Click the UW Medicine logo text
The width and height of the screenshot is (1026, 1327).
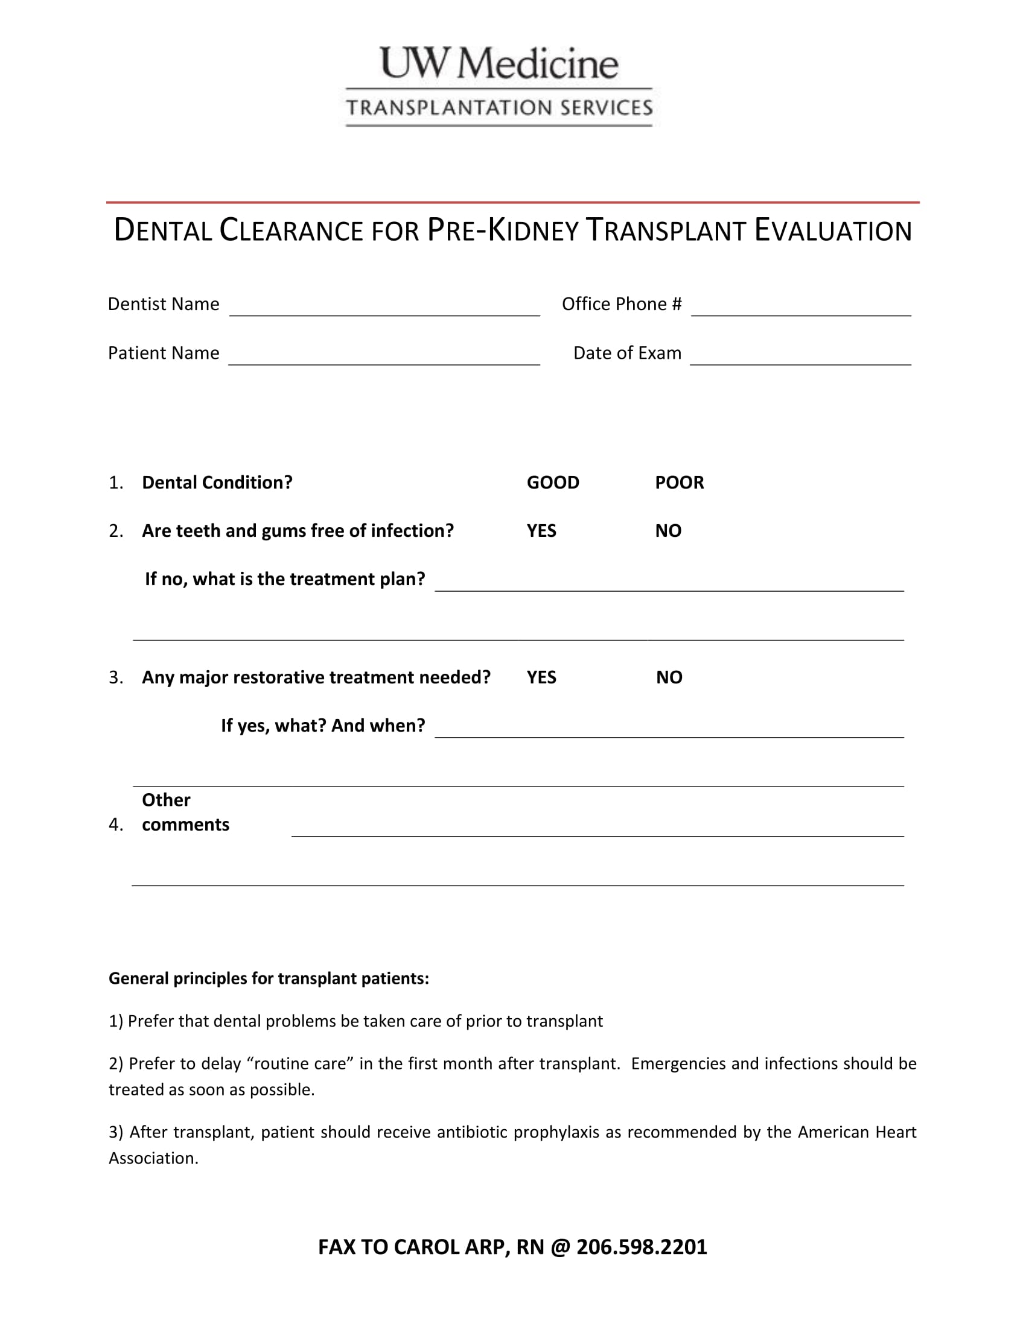(x=499, y=64)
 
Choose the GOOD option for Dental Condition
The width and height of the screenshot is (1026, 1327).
(x=552, y=483)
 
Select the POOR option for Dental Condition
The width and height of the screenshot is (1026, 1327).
(x=679, y=483)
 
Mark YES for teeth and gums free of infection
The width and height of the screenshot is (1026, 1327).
(x=541, y=531)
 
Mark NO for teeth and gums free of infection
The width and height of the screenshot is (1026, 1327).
(x=668, y=531)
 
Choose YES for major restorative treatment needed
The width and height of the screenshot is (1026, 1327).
(x=541, y=677)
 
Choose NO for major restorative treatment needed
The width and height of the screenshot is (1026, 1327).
(x=669, y=677)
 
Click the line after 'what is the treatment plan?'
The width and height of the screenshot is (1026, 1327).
(x=669, y=584)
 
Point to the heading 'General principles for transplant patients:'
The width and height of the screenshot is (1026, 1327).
(x=269, y=978)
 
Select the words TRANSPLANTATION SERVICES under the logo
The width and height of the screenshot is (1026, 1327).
(x=499, y=108)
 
